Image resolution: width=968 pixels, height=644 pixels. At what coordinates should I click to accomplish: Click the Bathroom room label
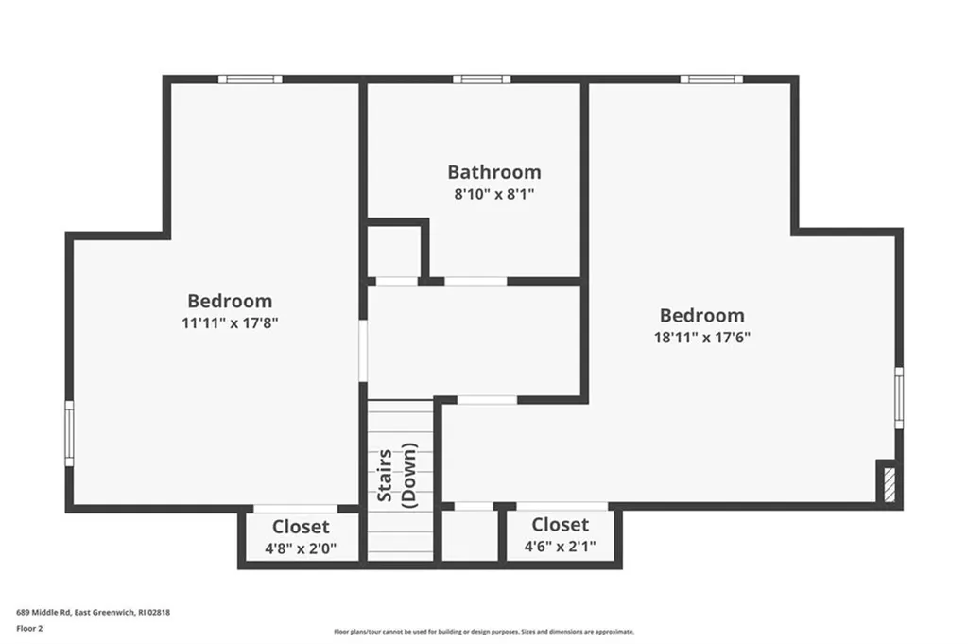tap(493, 172)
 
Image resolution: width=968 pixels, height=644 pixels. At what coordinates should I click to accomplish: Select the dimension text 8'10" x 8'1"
tap(493, 195)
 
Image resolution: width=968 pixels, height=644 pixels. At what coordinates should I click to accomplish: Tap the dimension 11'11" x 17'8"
tap(230, 322)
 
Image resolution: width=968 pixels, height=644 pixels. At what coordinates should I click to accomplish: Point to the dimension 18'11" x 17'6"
tap(702, 338)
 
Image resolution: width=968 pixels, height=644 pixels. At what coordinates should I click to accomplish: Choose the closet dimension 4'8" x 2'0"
tap(301, 548)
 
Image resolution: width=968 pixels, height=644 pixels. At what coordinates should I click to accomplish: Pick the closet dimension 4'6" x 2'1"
tap(560, 547)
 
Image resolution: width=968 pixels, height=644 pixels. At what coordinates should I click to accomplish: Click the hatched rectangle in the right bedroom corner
tap(889, 485)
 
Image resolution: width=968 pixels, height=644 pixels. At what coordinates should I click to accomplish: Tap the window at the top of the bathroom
tap(481, 79)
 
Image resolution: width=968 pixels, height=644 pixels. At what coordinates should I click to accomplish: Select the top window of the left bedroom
tap(250, 79)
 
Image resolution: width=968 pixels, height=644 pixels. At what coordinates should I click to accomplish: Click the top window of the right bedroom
tap(712, 79)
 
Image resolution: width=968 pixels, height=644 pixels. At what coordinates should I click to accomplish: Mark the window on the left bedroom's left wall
tap(69, 433)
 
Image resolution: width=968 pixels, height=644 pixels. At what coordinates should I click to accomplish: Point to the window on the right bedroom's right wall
tap(899, 397)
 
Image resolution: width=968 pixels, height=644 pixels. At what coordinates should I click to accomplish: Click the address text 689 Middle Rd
tap(43, 613)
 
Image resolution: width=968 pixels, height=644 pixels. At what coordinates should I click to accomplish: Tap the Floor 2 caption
tap(29, 629)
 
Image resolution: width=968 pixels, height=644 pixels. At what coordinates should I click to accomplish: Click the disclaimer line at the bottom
tap(484, 632)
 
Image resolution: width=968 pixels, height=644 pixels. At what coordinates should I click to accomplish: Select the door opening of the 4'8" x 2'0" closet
tap(296, 509)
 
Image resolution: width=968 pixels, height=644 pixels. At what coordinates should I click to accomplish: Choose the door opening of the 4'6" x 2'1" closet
tap(562, 506)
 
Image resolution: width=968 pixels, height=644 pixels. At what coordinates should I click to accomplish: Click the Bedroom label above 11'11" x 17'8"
tap(230, 301)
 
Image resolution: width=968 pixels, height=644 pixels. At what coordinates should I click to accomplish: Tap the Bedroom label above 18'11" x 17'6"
tap(702, 315)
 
